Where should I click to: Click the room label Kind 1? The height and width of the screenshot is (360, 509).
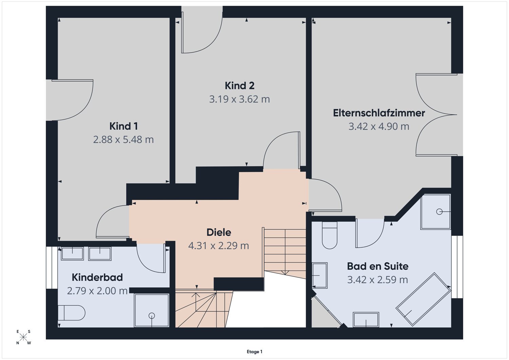point(124,126)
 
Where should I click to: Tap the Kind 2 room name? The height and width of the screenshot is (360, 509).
point(240,86)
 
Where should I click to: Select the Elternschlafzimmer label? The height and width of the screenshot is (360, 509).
point(379,113)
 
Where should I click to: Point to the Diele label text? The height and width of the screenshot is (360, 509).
point(219,232)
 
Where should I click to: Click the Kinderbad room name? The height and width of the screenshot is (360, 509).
point(97,277)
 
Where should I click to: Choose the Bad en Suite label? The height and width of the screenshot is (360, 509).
point(378,266)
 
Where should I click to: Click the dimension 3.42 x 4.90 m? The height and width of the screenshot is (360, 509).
point(379,126)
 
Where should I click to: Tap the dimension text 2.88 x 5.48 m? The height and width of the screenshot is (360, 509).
point(124,139)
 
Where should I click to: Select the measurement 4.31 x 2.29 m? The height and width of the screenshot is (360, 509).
point(219,246)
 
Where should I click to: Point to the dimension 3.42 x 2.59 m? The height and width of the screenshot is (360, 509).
point(378,280)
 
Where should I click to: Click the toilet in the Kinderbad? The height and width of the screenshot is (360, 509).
point(71,313)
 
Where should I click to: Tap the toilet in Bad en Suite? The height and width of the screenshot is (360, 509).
point(329,235)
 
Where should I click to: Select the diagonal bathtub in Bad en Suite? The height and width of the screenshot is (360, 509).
point(423,299)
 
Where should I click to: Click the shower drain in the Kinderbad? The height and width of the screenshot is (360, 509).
point(152,316)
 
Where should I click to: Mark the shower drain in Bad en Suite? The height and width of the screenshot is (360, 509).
point(439,212)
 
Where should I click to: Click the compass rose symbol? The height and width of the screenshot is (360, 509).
point(23,337)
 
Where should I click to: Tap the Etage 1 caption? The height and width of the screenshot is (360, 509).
point(254,352)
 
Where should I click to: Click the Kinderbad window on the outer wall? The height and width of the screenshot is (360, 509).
point(52,267)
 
